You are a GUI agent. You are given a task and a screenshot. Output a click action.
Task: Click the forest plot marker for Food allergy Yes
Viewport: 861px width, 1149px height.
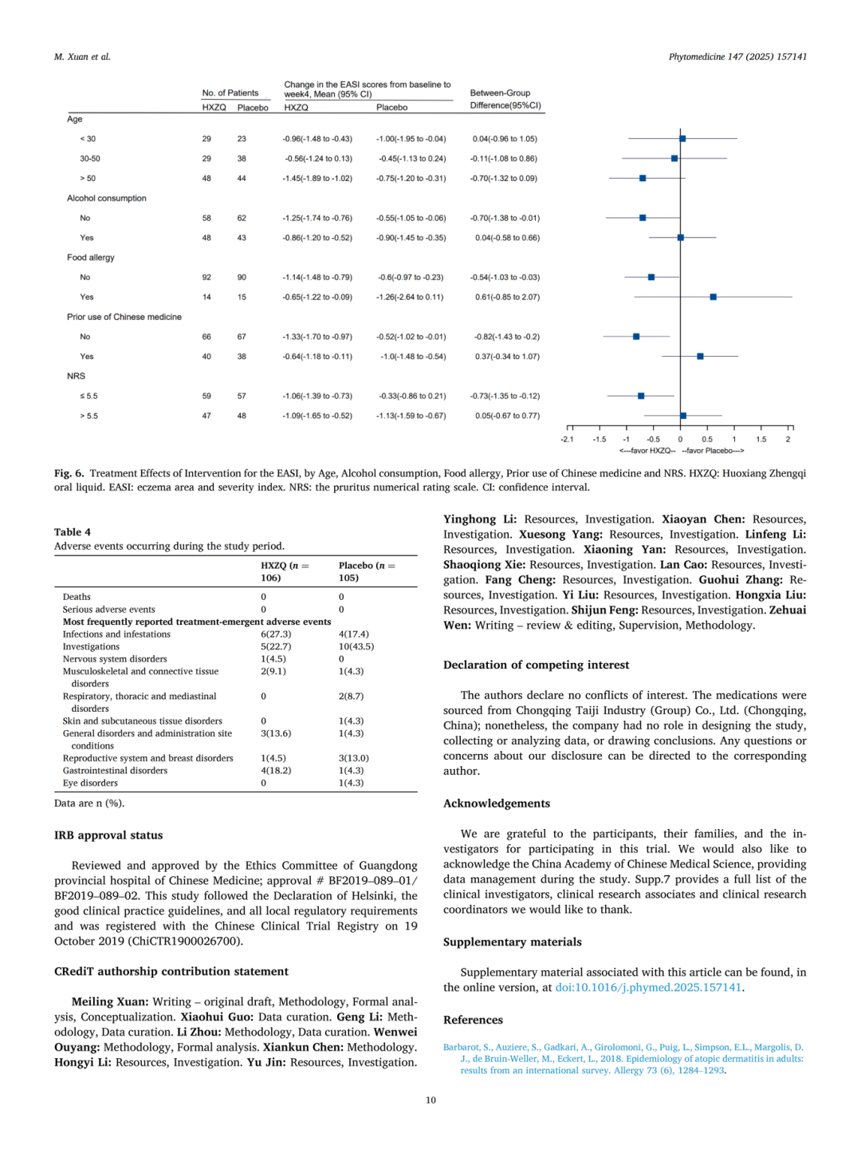coord(713,297)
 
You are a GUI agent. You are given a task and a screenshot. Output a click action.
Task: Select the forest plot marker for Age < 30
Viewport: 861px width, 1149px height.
coord(682,139)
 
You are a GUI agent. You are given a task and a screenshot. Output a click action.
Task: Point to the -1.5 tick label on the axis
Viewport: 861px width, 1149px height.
coord(599,440)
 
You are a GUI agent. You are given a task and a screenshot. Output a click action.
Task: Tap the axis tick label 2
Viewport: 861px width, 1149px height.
coord(788,440)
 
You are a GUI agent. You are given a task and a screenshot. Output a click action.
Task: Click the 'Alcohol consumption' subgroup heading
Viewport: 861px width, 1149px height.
coord(107,199)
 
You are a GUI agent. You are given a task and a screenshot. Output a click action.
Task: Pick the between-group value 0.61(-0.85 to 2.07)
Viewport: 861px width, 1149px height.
coord(507,297)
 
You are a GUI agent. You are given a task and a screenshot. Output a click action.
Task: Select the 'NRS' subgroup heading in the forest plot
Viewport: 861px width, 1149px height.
coord(76,376)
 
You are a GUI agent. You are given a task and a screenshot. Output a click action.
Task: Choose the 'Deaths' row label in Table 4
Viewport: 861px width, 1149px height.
coord(77,597)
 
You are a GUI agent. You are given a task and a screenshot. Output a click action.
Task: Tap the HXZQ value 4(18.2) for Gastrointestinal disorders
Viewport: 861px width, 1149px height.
coord(276,771)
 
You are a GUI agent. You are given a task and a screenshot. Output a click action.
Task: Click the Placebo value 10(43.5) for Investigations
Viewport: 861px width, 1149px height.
coord(356,646)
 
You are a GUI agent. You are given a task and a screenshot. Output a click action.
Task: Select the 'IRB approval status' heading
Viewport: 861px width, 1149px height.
coord(108,835)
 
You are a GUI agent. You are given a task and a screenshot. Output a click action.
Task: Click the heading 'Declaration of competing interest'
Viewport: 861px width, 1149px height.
coord(537,665)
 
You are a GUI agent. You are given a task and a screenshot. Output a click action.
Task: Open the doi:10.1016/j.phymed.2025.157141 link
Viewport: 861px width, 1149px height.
coord(648,988)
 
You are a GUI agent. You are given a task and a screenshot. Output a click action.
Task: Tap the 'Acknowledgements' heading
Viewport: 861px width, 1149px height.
coord(497,804)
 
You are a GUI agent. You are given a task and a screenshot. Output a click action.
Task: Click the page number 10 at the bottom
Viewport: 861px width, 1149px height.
coord(431,1100)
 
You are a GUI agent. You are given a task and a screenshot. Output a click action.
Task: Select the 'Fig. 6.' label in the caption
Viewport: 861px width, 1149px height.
coord(69,473)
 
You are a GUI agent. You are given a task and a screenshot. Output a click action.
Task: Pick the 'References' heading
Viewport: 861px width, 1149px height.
coord(474,1020)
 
